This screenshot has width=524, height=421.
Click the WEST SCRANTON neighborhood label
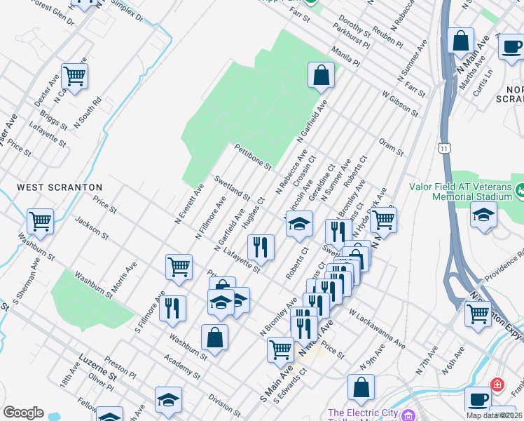click(60, 187)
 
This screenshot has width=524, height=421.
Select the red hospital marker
click(497, 385)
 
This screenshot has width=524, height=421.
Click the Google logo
click(23, 413)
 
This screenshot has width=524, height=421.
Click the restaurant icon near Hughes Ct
click(261, 246)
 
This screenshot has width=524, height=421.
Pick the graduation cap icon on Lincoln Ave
click(298, 225)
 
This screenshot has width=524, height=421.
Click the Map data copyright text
click(492, 415)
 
